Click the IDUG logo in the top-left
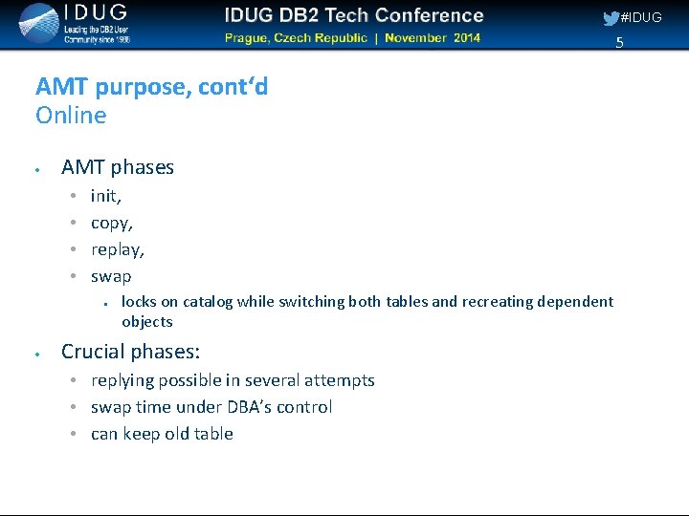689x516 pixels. click(72, 23)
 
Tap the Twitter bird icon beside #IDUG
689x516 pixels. click(611, 18)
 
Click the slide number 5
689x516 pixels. click(619, 43)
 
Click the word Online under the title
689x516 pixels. click(71, 116)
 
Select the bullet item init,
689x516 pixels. click(105, 196)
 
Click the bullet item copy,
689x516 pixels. click(112, 223)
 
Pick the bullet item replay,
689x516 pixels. click(118, 249)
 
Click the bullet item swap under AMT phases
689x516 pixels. click(111, 276)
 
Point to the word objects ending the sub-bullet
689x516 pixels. click(147, 322)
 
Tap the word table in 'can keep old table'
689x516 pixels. click(214, 434)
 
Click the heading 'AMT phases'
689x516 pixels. click(118, 167)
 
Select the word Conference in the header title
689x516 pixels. click(430, 15)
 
